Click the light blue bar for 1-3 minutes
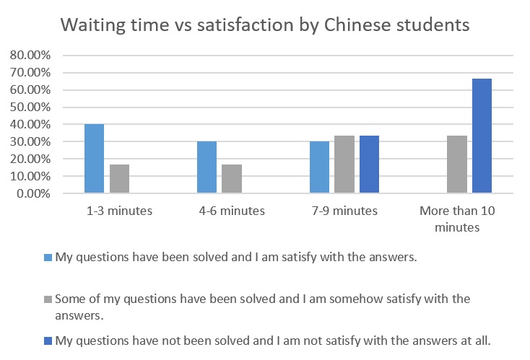(94, 159)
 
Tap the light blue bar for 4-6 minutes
(207, 167)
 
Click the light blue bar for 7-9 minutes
(319, 167)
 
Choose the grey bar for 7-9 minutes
(344, 164)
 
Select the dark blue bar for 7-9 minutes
(369, 164)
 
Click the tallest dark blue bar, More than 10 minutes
(482, 136)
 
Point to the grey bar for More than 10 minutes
(457, 164)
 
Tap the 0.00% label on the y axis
(32, 194)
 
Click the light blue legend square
(48, 258)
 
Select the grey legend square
(48, 298)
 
